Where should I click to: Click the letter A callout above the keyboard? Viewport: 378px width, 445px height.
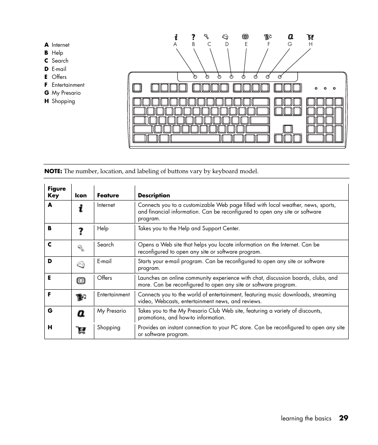point(175,44)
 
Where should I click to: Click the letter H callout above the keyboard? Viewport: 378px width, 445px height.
point(311,44)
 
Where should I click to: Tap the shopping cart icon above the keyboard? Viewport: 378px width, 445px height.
point(310,37)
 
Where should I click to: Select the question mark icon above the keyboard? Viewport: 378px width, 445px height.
point(193,37)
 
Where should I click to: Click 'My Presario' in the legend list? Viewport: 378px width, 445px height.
point(66,93)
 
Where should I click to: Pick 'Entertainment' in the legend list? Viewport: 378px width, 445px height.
point(68,85)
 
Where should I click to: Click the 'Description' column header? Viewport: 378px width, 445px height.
point(154,195)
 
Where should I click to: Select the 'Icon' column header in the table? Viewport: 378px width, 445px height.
point(80,195)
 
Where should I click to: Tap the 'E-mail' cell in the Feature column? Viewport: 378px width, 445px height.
point(104,261)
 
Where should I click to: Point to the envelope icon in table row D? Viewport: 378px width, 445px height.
point(81,264)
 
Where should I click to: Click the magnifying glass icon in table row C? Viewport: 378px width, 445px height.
point(81,248)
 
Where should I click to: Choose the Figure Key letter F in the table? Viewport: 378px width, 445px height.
point(50,294)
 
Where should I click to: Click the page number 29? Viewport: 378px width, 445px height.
point(344,418)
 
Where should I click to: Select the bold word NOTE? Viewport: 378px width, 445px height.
point(53,171)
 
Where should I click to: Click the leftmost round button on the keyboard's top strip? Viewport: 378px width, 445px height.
point(195,76)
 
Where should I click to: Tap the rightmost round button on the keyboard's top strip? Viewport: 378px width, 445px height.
point(280,76)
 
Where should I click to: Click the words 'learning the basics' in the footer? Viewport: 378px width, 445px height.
point(306,418)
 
